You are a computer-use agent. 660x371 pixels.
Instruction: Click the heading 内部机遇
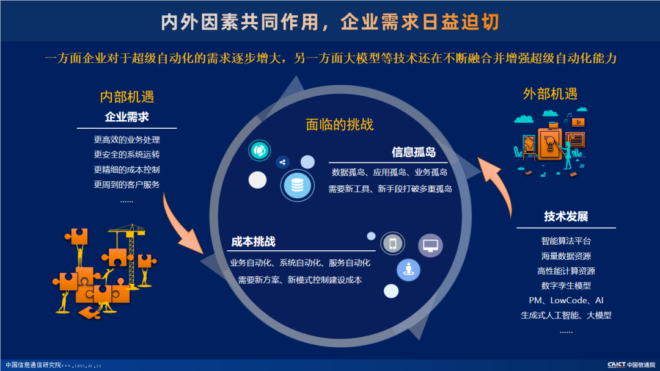tap(127, 96)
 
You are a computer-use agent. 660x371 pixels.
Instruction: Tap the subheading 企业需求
tap(127, 117)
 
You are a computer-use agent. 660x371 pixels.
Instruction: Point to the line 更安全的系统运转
tap(127, 154)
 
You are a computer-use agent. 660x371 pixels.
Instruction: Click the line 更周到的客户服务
tap(127, 184)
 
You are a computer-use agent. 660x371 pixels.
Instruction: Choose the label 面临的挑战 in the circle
tap(340, 124)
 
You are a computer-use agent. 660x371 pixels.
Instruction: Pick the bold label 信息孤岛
tap(414, 153)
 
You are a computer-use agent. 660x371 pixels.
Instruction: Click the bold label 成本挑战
tap(253, 241)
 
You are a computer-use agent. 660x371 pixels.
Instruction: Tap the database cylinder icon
tap(297, 185)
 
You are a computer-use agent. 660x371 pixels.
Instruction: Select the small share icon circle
tap(282, 162)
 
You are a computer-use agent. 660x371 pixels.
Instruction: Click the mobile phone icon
tap(392, 244)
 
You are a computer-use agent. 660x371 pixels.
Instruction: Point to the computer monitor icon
tap(430, 245)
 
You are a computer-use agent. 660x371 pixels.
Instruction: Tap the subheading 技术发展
tap(566, 217)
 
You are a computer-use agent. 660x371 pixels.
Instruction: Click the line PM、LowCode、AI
tap(566, 300)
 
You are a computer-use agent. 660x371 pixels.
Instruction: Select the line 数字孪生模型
tap(566, 286)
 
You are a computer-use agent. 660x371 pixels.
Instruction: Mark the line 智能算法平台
tap(566, 241)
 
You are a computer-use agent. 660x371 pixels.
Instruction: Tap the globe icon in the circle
tap(259, 150)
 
